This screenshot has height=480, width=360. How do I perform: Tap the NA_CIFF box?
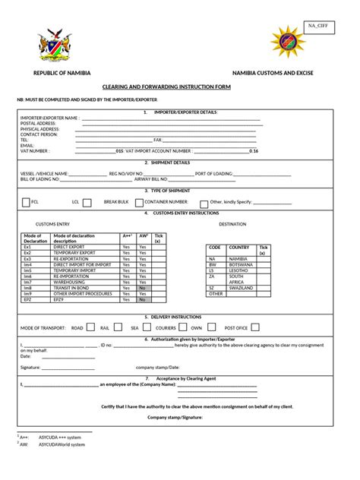coord(318,26)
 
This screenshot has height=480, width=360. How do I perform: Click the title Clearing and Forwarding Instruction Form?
coord(180,87)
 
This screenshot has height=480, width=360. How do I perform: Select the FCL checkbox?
coord(26,203)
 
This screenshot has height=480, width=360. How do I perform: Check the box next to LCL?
coord(87,203)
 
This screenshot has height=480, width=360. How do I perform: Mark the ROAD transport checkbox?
coord(92,328)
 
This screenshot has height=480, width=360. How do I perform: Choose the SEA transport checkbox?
coord(147,328)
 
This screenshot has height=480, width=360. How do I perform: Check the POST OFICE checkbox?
coord(256,328)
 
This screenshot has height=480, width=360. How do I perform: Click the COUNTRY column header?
coord(239,248)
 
